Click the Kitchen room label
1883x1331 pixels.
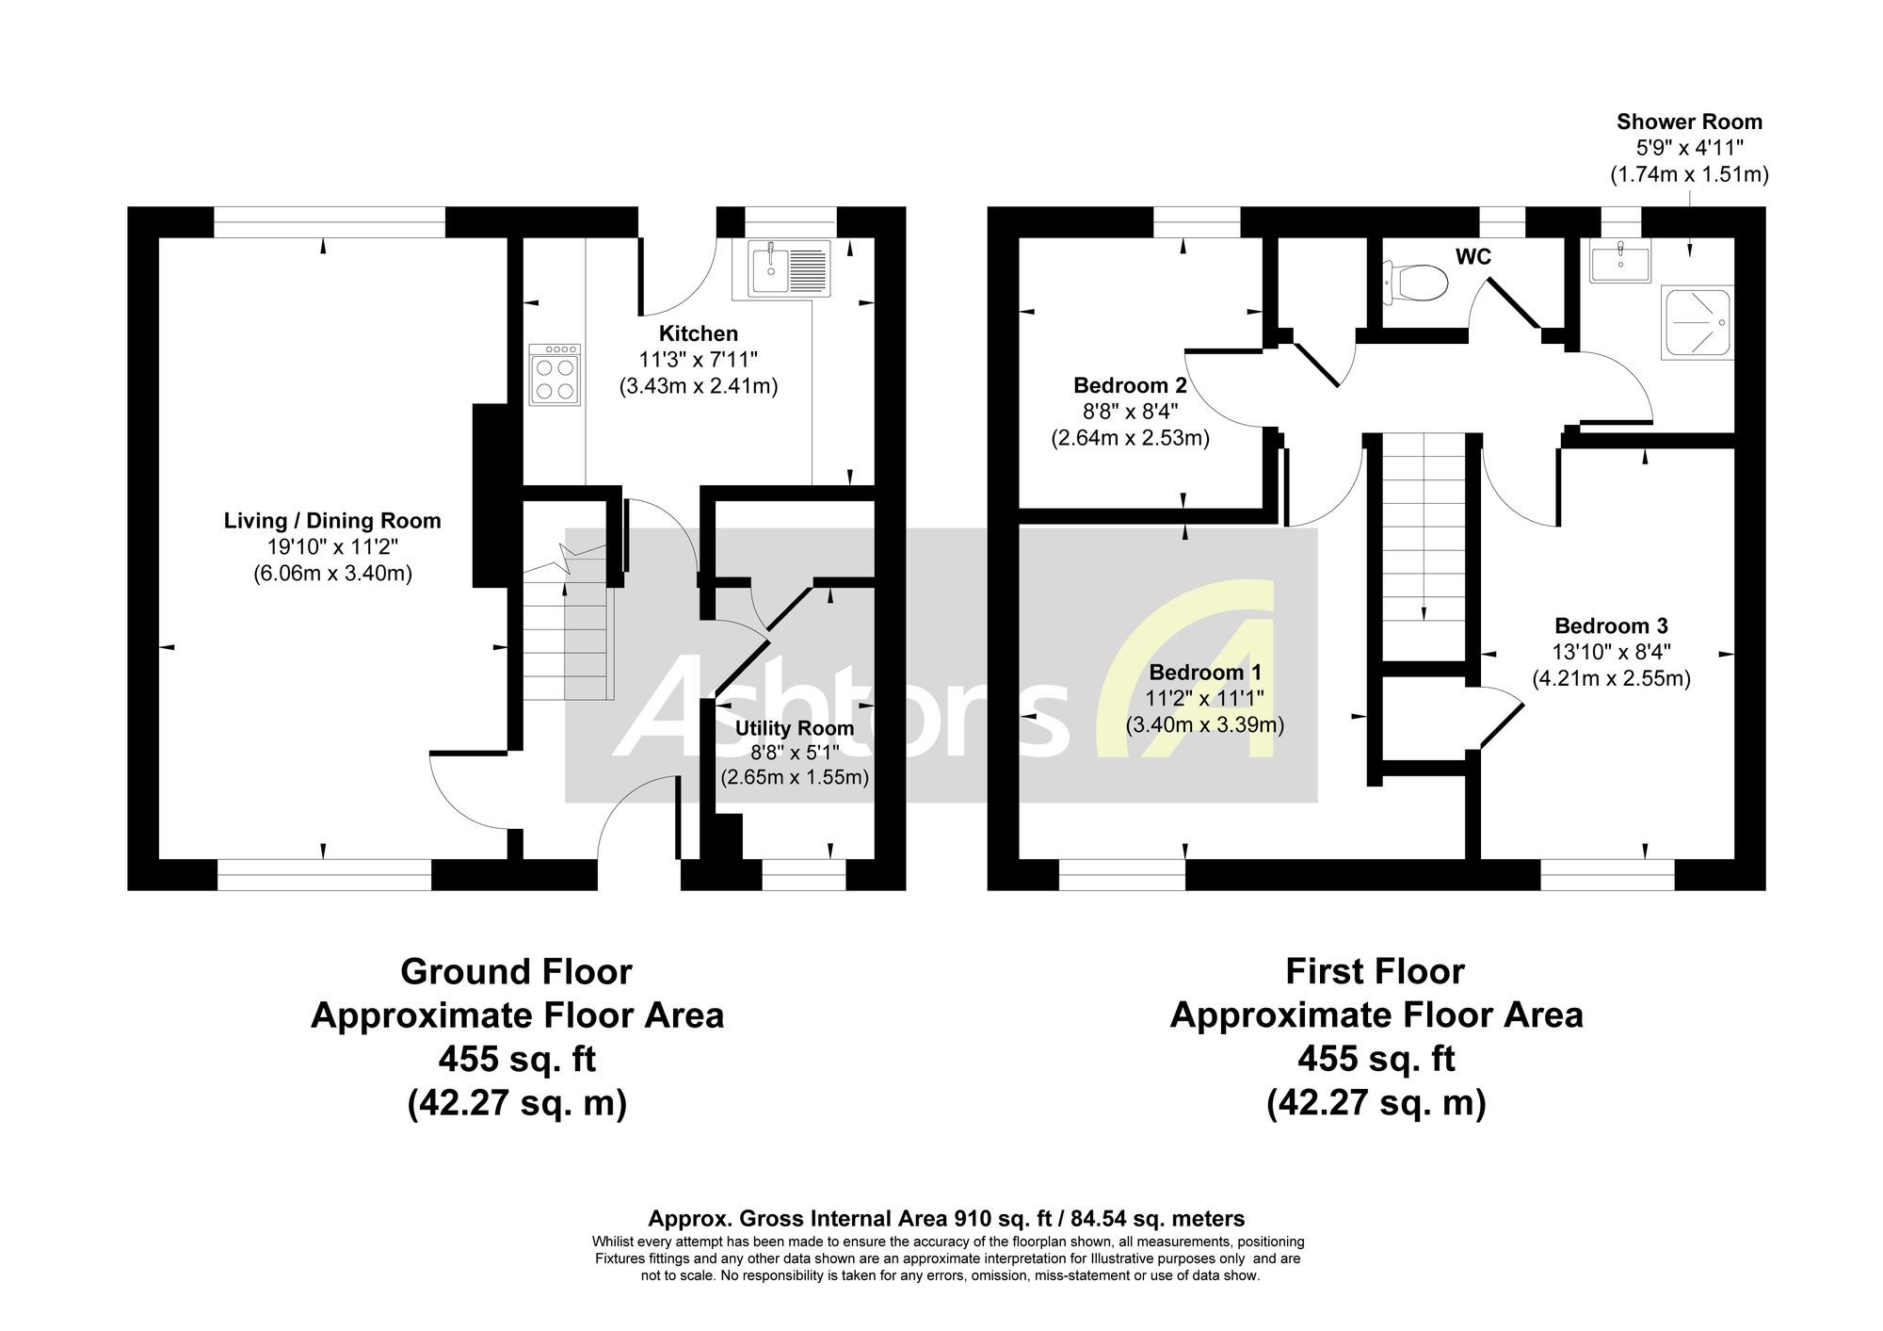click(x=698, y=333)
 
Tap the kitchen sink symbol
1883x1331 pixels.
click(x=790, y=268)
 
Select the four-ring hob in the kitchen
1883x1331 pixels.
click(x=555, y=375)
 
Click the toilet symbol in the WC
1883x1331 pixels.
click(x=1416, y=282)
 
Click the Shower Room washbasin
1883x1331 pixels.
click(x=1620, y=260)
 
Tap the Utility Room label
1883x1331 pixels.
click(x=795, y=728)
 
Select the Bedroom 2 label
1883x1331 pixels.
click(x=1130, y=385)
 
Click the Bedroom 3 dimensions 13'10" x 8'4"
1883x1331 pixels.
click(x=1612, y=652)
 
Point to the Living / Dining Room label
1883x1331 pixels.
click(x=332, y=521)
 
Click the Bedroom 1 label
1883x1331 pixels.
click(x=1205, y=673)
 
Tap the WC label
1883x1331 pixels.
click(x=1473, y=256)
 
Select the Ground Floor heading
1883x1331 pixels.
click(x=516, y=971)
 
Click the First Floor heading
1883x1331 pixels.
click(x=1376, y=971)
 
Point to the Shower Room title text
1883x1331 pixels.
click(x=1689, y=122)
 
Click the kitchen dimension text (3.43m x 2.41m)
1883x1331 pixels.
click(x=699, y=386)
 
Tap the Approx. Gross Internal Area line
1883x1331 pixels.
click(x=947, y=1219)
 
